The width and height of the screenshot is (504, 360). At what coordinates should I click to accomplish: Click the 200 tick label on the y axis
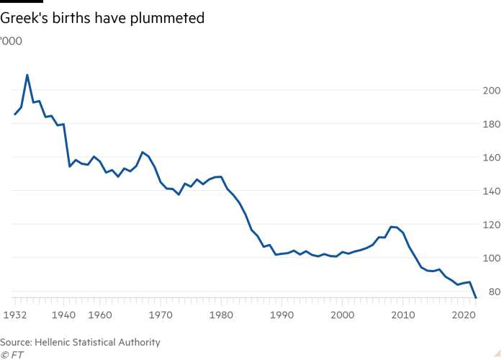490,91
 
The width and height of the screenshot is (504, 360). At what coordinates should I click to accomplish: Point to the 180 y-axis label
490,124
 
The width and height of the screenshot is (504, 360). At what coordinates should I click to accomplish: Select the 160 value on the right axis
490,158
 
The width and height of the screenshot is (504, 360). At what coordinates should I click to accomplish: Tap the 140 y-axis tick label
490,191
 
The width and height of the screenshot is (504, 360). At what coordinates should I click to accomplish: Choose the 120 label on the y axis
490,225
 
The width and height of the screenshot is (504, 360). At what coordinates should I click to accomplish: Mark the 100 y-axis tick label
490,258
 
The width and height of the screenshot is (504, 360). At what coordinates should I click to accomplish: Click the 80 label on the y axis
492,292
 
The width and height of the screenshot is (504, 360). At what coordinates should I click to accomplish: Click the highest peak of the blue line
27,75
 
